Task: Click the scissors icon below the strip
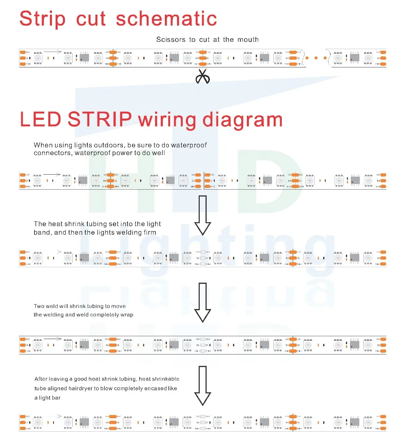pos(203,76)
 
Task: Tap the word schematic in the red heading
pos(166,19)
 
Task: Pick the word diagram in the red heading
pos(242,120)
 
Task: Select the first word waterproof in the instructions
pos(189,145)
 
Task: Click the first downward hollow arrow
pos(203,215)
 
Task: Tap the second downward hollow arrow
pos(203,302)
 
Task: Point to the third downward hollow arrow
pos(203,385)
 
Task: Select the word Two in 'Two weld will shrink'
pos(39,306)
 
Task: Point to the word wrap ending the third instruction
pos(127,315)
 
